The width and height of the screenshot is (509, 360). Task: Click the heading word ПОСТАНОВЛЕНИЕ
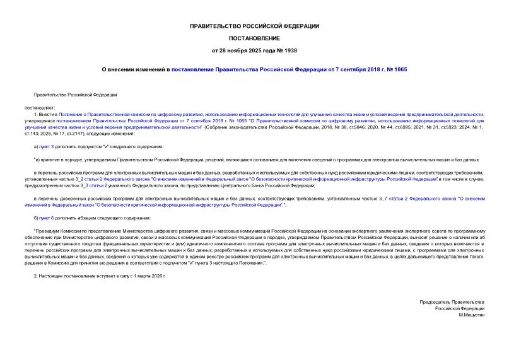[254, 38]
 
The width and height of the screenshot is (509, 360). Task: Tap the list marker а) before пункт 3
[37, 146]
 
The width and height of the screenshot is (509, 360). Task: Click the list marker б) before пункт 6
[37, 218]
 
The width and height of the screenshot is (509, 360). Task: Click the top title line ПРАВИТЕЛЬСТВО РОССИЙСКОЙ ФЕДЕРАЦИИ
[254, 26]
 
